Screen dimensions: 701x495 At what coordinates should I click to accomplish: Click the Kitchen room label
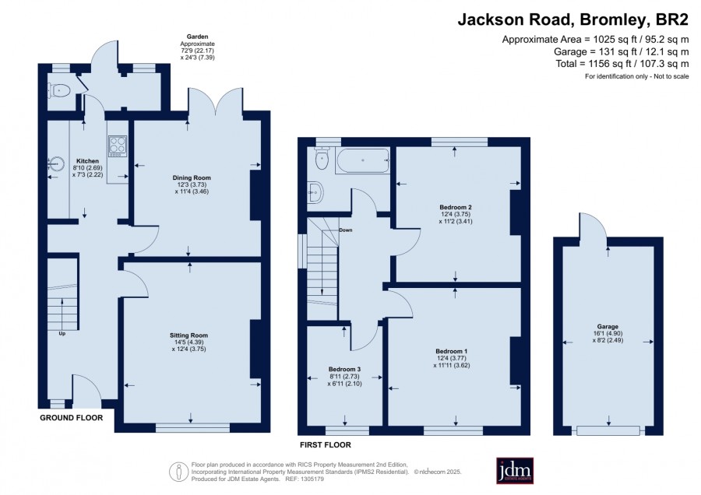(x=87, y=161)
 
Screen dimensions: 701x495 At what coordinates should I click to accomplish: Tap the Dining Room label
(x=192, y=177)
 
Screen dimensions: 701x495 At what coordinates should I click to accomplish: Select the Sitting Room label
(x=188, y=335)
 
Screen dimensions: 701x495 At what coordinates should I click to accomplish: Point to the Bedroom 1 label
(x=452, y=351)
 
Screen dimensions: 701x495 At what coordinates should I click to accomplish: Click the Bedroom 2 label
(x=456, y=207)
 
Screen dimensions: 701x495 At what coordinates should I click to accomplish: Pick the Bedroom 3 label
(x=344, y=369)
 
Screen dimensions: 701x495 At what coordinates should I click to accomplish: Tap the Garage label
(x=608, y=327)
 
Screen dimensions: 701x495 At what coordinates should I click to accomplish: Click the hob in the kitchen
(x=117, y=146)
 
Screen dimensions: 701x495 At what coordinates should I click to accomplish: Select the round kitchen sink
(x=55, y=164)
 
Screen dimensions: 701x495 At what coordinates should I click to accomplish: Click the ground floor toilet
(x=59, y=91)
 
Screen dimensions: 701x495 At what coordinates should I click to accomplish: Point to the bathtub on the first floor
(x=362, y=160)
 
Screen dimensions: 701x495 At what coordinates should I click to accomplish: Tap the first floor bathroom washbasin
(x=315, y=192)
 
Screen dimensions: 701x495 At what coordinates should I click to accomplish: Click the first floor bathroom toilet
(x=322, y=158)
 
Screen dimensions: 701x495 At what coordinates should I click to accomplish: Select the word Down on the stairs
(x=346, y=230)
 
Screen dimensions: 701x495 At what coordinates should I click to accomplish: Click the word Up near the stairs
(x=62, y=333)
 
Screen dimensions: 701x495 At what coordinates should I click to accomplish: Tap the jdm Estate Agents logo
(x=515, y=470)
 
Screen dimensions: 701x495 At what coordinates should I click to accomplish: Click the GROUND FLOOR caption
(x=72, y=418)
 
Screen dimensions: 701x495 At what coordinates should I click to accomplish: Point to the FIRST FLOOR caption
(x=326, y=445)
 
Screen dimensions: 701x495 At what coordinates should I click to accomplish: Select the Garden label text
(x=197, y=37)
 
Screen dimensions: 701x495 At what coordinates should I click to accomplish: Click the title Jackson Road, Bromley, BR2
(x=572, y=19)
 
